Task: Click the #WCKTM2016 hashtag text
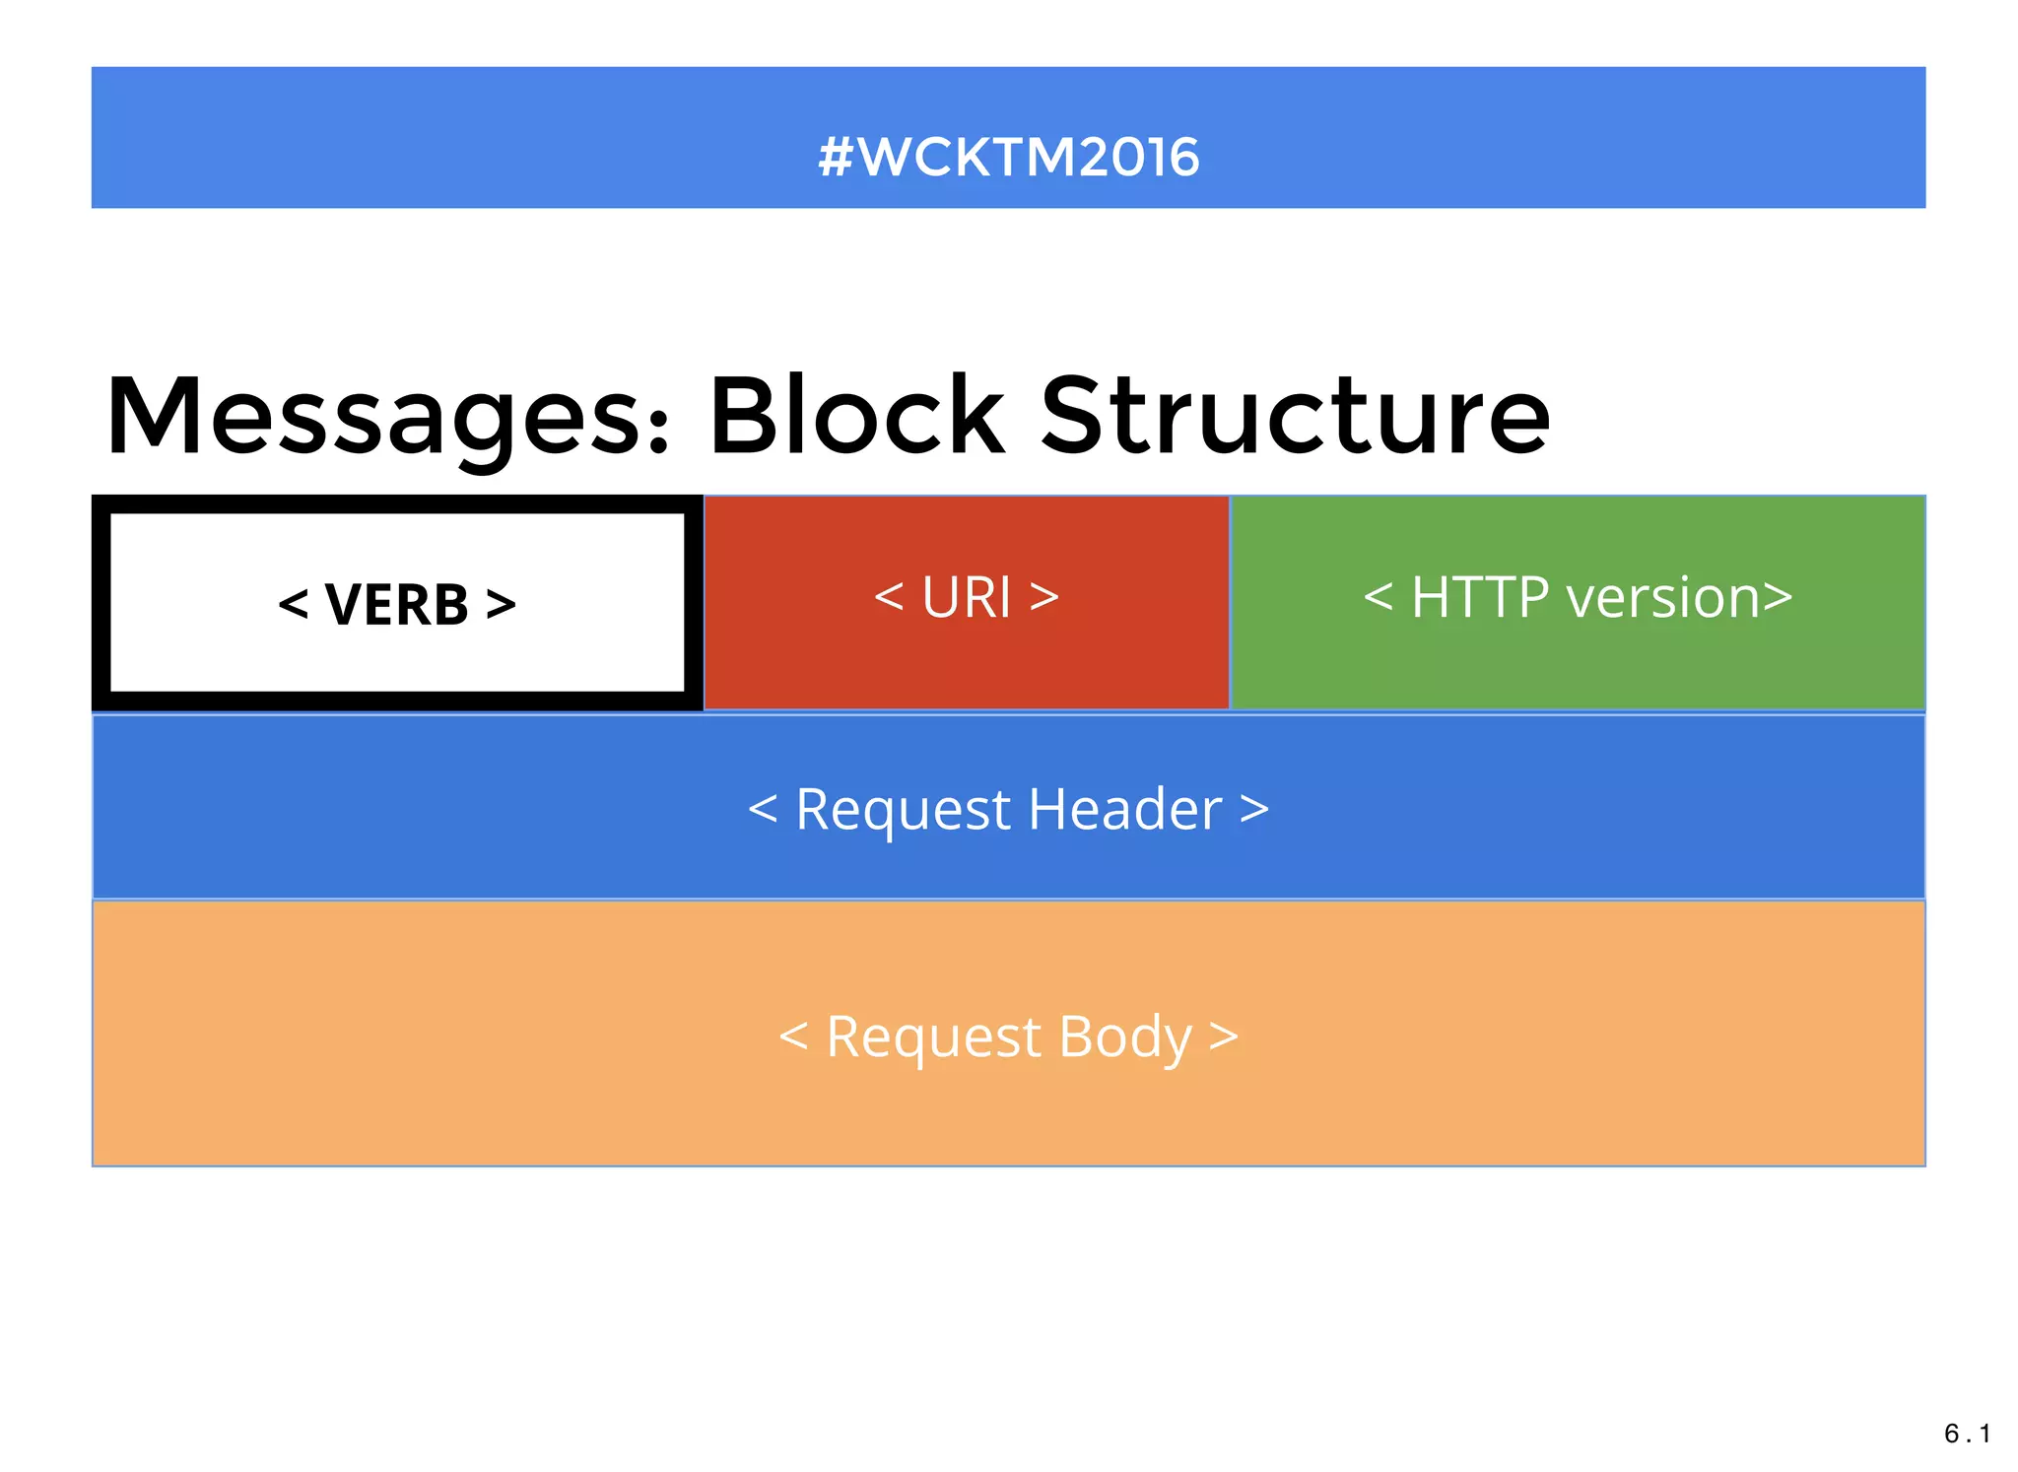click(x=1008, y=157)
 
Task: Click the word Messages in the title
click(x=374, y=419)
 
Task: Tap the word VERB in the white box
click(x=396, y=605)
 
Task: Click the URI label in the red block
click(x=966, y=597)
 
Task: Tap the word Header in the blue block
click(x=1124, y=810)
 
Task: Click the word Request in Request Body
click(x=933, y=1037)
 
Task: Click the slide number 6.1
click(x=1967, y=1434)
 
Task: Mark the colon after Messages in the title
click(x=659, y=431)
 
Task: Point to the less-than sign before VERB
click(x=294, y=604)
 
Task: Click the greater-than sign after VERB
click(x=501, y=604)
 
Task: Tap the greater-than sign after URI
click(x=1044, y=597)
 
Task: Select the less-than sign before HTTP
click(x=1378, y=597)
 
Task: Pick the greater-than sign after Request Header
click(x=1253, y=810)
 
